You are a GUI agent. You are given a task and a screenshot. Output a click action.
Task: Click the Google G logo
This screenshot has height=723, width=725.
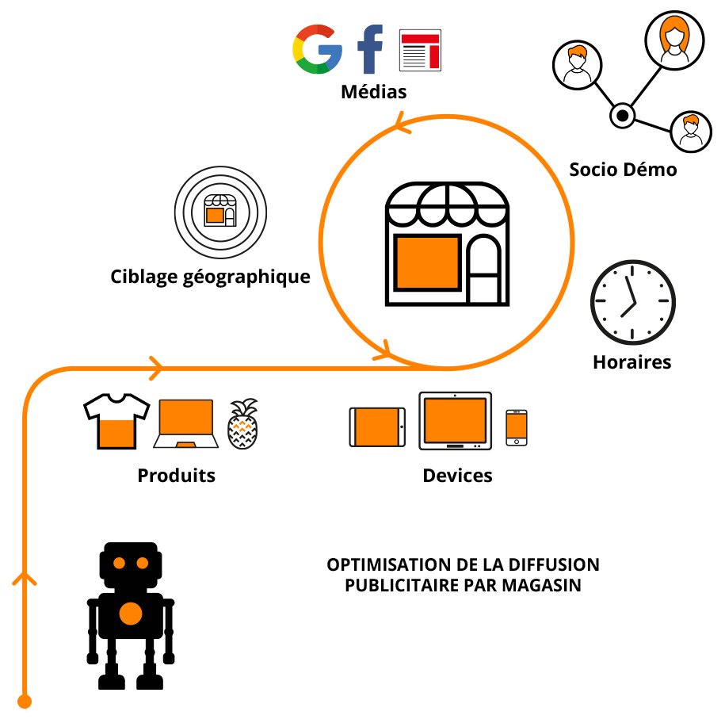click(317, 49)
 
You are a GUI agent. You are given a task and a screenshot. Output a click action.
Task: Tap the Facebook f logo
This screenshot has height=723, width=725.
click(370, 49)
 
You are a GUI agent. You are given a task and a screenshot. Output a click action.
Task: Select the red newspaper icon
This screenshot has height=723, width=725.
click(420, 51)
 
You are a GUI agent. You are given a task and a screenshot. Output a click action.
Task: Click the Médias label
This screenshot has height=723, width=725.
click(374, 92)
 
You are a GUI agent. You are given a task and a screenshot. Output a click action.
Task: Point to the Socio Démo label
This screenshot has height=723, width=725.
click(623, 170)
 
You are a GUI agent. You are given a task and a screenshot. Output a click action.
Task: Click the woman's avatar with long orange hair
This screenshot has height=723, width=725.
click(674, 40)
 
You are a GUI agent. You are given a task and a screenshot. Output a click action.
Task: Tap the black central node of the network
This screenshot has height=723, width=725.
click(622, 115)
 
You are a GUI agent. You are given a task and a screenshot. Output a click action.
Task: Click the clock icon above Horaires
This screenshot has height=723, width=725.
click(633, 301)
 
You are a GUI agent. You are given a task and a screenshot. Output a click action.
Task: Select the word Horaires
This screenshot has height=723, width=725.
click(632, 362)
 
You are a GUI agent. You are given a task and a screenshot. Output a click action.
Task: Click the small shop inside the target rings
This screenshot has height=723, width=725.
click(220, 210)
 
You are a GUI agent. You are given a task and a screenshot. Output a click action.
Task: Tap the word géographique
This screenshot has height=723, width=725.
click(247, 277)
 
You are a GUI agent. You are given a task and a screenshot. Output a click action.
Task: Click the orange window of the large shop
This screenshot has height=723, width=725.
click(428, 262)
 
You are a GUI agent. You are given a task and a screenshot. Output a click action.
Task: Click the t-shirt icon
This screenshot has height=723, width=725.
click(116, 421)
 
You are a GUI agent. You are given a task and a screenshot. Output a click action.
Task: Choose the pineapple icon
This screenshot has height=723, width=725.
click(242, 423)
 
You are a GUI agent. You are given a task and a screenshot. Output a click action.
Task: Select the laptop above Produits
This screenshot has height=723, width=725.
click(186, 423)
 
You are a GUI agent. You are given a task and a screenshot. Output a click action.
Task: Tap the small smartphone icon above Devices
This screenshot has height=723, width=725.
click(517, 428)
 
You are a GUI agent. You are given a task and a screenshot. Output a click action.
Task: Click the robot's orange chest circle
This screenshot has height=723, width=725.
click(131, 614)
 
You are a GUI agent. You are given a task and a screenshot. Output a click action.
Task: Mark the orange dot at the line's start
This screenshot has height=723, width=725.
click(25, 702)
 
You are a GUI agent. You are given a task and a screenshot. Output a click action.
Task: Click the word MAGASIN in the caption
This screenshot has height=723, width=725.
click(541, 585)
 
